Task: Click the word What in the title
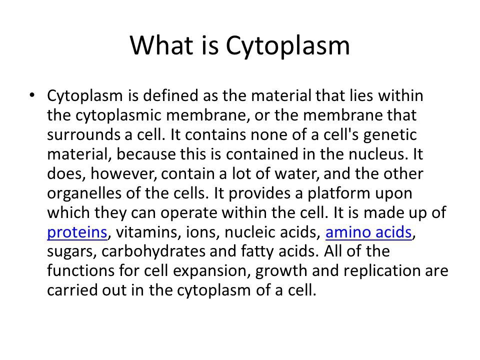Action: (x=161, y=45)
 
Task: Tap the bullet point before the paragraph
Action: (x=32, y=95)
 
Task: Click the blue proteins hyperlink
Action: (x=77, y=232)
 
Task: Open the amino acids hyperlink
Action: (x=368, y=231)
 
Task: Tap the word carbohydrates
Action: (x=153, y=251)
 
